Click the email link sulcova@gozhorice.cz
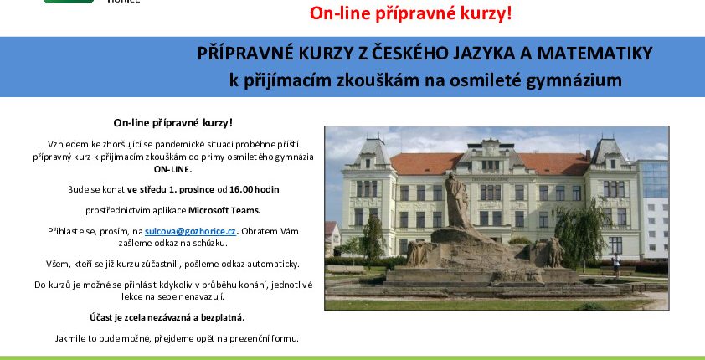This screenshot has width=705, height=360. [x=190, y=231]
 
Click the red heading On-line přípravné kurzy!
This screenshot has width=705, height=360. [x=410, y=13]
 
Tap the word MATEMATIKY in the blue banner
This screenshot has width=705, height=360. [x=594, y=54]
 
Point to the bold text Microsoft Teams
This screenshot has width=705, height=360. [x=224, y=210]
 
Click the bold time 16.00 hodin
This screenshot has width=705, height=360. [x=254, y=189]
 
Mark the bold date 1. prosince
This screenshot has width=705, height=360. [x=192, y=190]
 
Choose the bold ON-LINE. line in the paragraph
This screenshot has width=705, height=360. [x=173, y=169]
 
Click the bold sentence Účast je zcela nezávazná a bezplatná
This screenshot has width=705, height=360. [x=167, y=317]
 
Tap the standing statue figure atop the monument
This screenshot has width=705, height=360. [x=458, y=201]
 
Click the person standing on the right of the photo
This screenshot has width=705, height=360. [x=616, y=265]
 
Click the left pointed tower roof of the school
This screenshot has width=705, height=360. [x=372, y=151]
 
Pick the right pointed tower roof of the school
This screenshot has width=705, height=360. [x=609, y=152]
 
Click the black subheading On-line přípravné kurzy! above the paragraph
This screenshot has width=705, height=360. [x=173, y=123]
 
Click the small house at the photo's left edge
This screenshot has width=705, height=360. [x=332, y=238]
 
